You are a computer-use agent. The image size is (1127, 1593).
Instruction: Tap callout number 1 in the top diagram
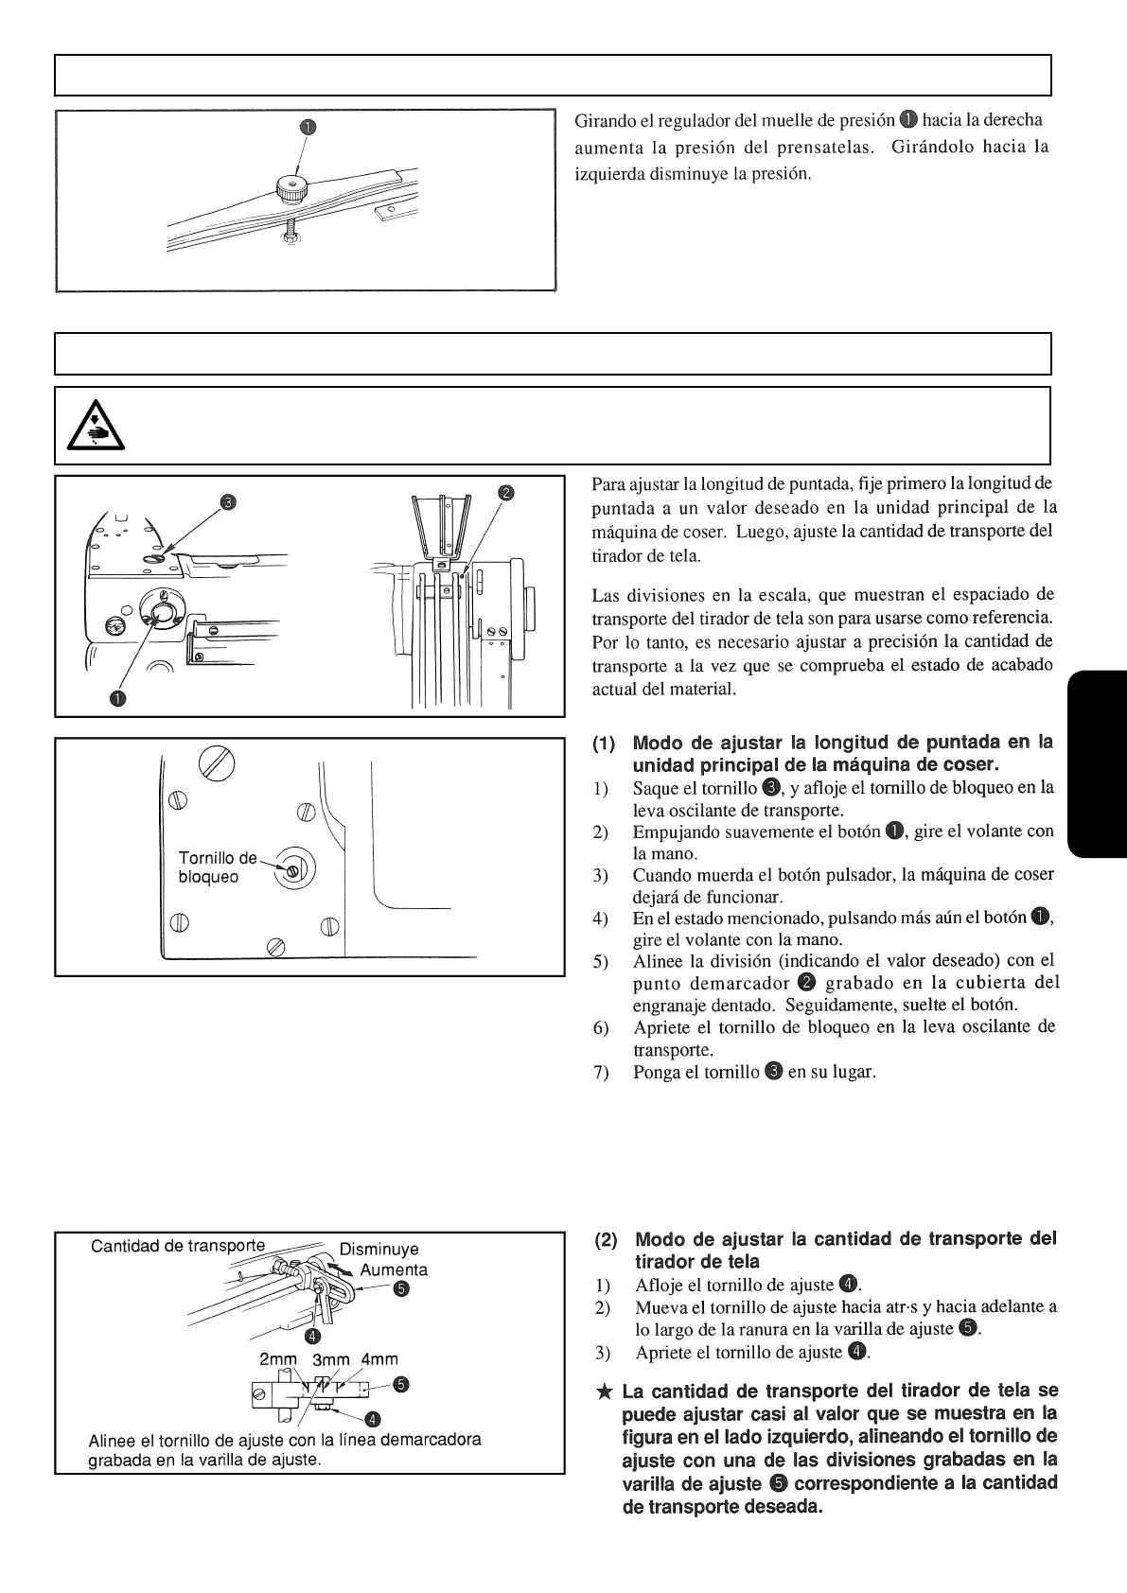(x=308, y=127)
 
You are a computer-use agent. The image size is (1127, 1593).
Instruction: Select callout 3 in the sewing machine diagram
(x=227, y=501)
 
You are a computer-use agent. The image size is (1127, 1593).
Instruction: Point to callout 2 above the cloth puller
(x=506, y=493)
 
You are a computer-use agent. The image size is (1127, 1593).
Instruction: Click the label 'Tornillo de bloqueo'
(x=217, y=867)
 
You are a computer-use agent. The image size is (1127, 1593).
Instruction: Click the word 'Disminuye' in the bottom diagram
(x=379, y=1249)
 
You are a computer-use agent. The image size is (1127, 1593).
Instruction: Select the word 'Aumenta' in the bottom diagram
(x=394, y=1269)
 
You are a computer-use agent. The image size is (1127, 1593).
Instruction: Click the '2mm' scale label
(x=278, y=1359)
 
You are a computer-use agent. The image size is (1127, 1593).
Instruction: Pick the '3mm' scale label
(x=330, y=1360)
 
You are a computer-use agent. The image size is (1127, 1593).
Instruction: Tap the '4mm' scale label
(x=379, y=1359)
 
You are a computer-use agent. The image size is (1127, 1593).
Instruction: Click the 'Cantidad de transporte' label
(x=178, y=1246)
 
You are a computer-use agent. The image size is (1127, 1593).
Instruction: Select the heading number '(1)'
(x=606, y=743)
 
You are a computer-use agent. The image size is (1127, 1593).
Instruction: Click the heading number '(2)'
(x=608, y=1239)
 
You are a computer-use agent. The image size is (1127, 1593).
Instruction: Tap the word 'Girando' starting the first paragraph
(x=606, y=121)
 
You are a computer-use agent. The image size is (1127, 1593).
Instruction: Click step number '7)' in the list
(x=601, y=1073)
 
